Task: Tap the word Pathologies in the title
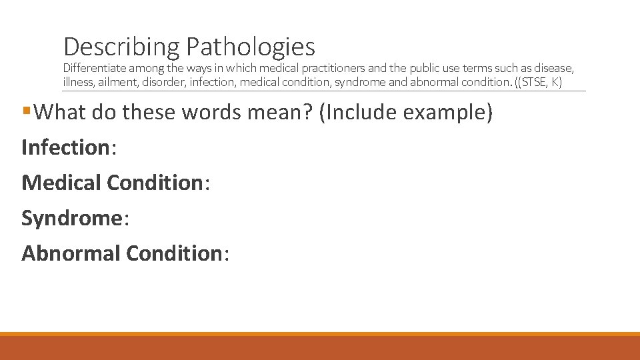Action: [x=251, y=47]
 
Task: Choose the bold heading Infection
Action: [x=65, y=147]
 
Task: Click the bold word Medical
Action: [x=61, y=182]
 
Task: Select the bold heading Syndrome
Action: [x=72, y=218]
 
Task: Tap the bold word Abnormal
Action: [x=71, y=253]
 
